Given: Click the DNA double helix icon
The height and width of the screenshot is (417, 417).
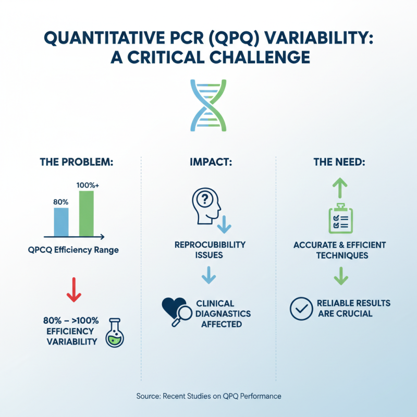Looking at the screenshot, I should click(x=208, y=105).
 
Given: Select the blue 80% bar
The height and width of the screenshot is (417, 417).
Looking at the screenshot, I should click(x=62, y=222).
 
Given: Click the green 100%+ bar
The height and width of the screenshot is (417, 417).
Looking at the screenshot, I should click(x=86, y=214).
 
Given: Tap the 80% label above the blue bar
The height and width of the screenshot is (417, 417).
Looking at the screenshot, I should click(x=61, y=201).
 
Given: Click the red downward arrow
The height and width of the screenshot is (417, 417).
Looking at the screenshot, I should click(x=73, y=290).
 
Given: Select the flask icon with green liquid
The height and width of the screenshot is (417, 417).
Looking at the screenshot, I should click(x=114, y=333).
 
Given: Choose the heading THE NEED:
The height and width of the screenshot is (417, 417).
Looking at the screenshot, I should click(x=339, y=162).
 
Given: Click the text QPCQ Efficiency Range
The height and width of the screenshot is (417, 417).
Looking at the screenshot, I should click(x=73, y=250).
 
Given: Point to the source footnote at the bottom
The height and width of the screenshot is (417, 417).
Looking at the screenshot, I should click(x=208, y=396).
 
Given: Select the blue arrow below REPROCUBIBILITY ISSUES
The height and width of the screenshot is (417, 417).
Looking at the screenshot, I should click(x=208, y=275).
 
